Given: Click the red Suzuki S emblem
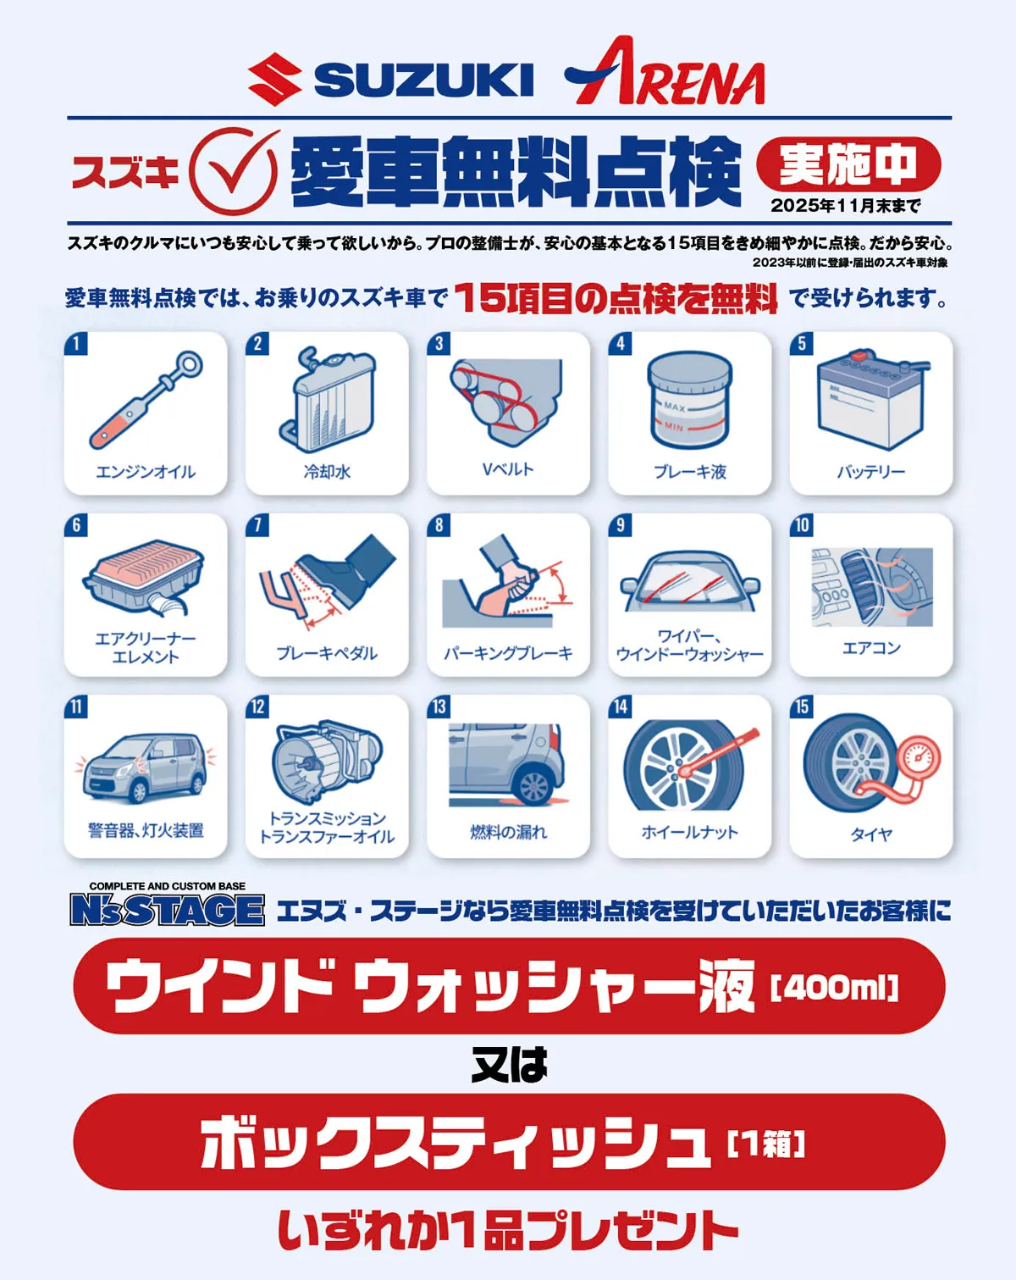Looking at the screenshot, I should click(274, 80).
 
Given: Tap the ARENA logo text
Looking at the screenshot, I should click(665, 75).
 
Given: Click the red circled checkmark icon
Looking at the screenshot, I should click(234, 170).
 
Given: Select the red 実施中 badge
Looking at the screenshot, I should click(848, 164).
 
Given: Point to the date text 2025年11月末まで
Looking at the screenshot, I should click(845, 206).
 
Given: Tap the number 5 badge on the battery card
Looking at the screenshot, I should click(802, 344).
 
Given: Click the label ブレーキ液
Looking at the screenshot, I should click(689, 472).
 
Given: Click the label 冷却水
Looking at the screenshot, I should click(327, 472).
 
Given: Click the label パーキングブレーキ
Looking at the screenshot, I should click(508, 653).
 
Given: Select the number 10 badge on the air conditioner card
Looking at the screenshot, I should click(802, 525).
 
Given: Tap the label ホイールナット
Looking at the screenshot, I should click(689, 833).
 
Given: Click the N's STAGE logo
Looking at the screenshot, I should click(168, 908).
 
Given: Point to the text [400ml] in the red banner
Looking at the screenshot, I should click(834, 988).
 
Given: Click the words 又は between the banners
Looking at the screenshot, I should click(509, 1065).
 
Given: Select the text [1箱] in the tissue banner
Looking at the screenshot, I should click(766, 1144).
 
